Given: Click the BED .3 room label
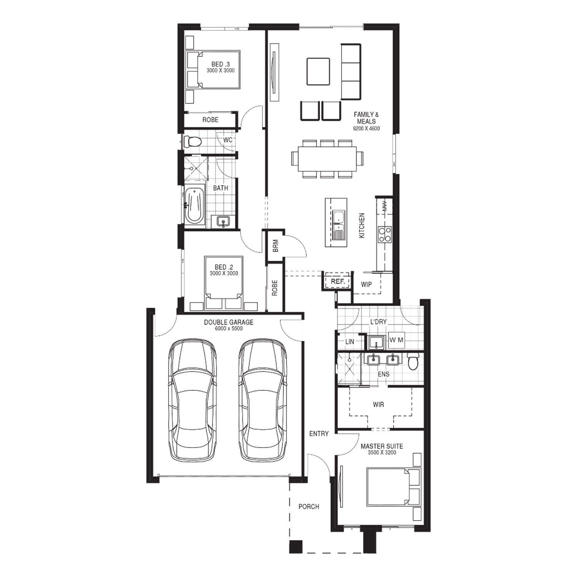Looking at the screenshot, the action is [220, 64].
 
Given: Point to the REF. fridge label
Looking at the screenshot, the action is [338, 282].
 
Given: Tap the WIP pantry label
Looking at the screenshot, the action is [366, 285].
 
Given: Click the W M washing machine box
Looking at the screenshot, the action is [396, 340].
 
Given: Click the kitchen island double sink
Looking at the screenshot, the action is [339, 225].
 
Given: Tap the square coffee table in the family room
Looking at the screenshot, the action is [318, 72].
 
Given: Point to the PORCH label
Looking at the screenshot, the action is [309, 507].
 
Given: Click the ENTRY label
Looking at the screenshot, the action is [319, 434].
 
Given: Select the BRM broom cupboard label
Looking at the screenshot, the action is [275, 246].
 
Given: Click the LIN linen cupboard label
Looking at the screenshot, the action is [350, 342].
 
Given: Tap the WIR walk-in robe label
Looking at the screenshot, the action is [378, 405].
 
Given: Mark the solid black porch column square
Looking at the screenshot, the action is [295, 547].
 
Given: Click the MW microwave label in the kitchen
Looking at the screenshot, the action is [385, 206].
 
